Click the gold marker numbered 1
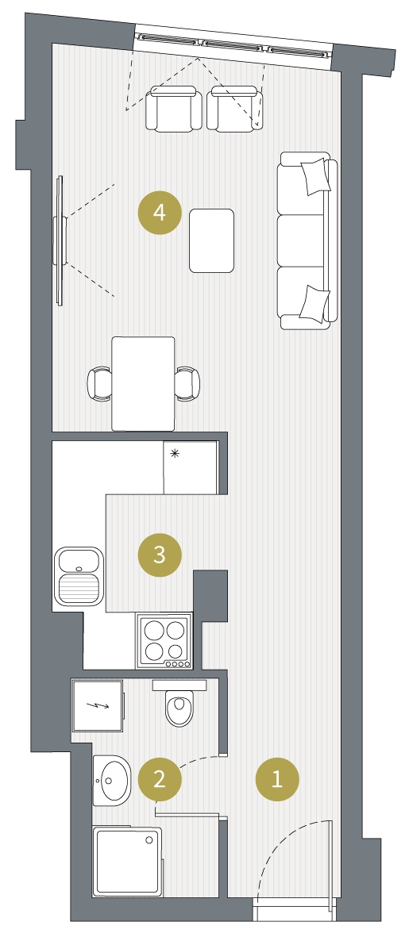[277, 779]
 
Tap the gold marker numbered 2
[159, 779]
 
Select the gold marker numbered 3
[159, 555]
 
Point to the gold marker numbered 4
[159, 212]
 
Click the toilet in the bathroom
[179, 703]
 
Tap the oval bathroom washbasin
[112, 779]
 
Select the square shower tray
[127, 861]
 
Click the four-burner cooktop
[164, 641]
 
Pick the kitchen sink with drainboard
[79, 575]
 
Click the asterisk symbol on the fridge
[175, 454]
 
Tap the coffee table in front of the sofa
[212, 241]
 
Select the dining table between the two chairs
[144, 384]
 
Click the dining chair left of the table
[100, 383]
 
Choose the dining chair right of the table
[187, 383]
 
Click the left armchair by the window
[174, 108]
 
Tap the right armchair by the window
[234, 108]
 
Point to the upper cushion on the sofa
[314, 176]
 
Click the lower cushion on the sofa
[314, 302]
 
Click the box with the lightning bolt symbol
[98, 705]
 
